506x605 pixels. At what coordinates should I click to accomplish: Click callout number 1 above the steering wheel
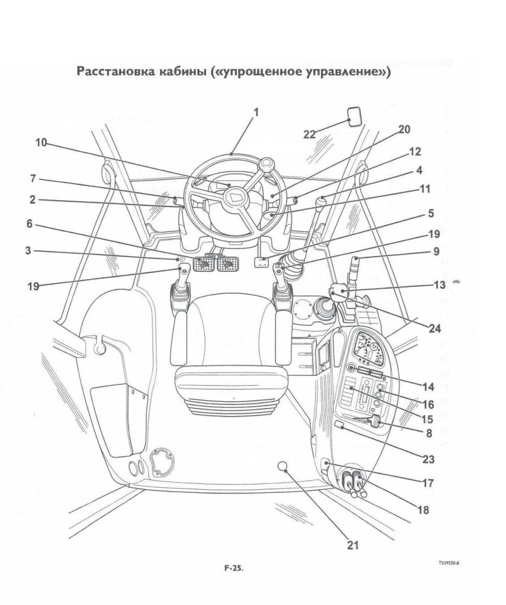click(255, 112)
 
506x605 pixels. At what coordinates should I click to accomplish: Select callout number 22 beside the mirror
click(310, 134)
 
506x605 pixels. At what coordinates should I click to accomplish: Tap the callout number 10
click(41, 143)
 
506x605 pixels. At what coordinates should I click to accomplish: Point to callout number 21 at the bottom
click(353, 545)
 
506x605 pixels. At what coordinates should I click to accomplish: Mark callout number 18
click(423, 510)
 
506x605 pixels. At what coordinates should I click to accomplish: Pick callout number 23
click(428, 459)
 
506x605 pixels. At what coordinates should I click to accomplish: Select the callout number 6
click(29, 224)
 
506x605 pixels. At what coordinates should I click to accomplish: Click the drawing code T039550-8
click(453, 562)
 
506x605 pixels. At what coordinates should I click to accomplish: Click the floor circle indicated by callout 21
click(284, 466)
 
